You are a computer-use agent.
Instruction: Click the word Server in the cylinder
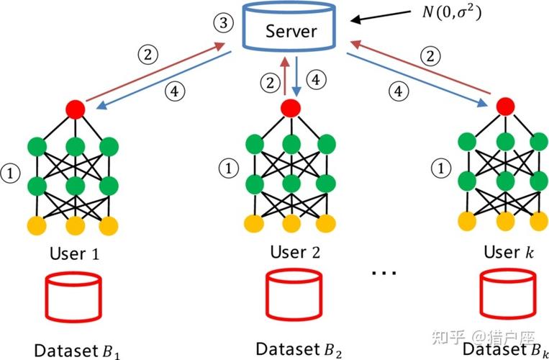[291, 32]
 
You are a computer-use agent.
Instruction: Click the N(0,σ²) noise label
[451, 13]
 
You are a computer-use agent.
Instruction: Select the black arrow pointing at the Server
[381, 16]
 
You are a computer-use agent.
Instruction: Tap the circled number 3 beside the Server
[223, 24]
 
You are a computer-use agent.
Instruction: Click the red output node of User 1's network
[76, 109]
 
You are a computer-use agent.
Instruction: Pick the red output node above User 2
[291, 107]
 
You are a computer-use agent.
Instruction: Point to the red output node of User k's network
[505, 107]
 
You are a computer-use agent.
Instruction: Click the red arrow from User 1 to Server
[155, 72]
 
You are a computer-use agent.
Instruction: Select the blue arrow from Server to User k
[417, 79]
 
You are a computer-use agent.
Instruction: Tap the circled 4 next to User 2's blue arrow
[316, 80]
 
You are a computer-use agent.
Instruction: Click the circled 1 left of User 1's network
[11, 174]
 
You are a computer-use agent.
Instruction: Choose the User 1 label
[75, 253]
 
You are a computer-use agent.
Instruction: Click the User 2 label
[295, 252]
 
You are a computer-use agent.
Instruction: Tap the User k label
[509, 251]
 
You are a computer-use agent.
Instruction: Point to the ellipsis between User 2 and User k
[384, 273]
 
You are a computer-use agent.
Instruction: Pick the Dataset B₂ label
[299, 350]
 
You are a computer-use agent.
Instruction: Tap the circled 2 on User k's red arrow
[431, 57]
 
